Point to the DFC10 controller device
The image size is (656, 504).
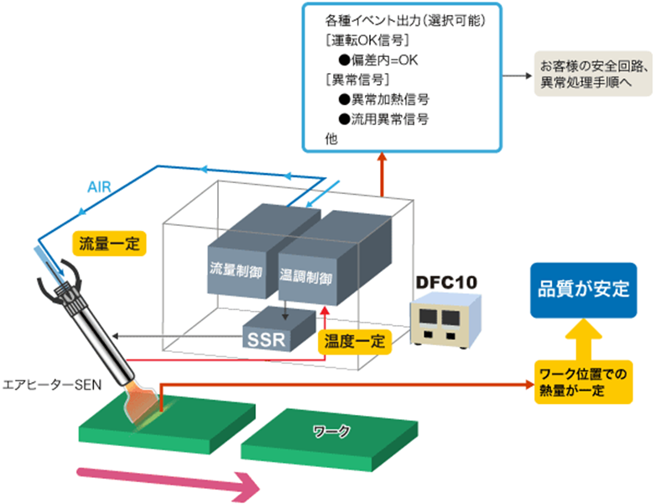[445, 323]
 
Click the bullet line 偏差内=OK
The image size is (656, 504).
[383, 60]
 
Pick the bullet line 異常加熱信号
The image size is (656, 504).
[383, 99]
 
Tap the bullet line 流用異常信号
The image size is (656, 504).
[383, 119]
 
